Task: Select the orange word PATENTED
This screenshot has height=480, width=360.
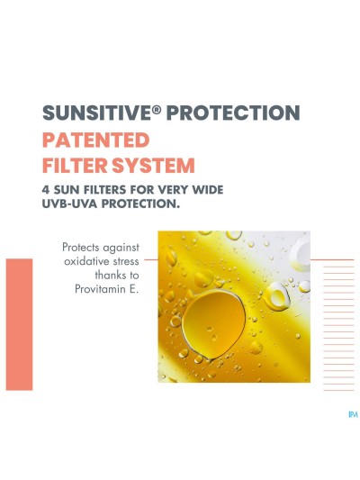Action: [97, 140]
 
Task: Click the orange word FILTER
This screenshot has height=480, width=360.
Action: [75, 167]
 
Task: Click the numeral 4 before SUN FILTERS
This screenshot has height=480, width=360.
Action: [46, 191]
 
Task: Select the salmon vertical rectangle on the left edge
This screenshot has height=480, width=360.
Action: [19, 324]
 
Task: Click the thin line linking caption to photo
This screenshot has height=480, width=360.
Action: [150, 259]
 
